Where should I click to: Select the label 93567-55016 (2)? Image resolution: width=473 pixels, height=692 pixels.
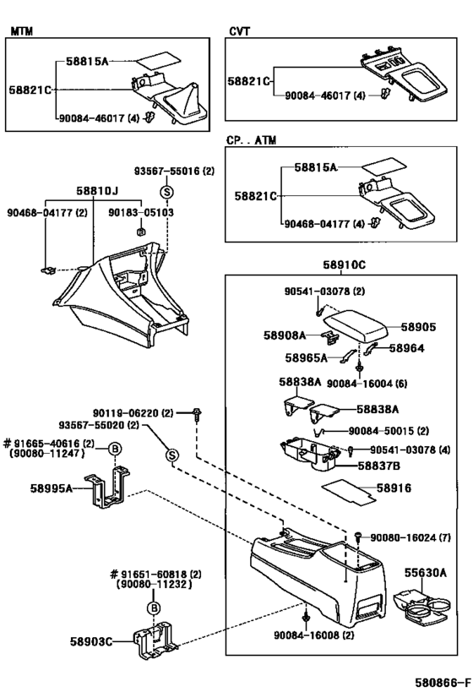[x=176, y=171]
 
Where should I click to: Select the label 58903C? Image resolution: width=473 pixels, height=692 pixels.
[x=92, y=642]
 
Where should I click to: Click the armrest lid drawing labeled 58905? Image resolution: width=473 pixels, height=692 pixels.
[x=358, y=324]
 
